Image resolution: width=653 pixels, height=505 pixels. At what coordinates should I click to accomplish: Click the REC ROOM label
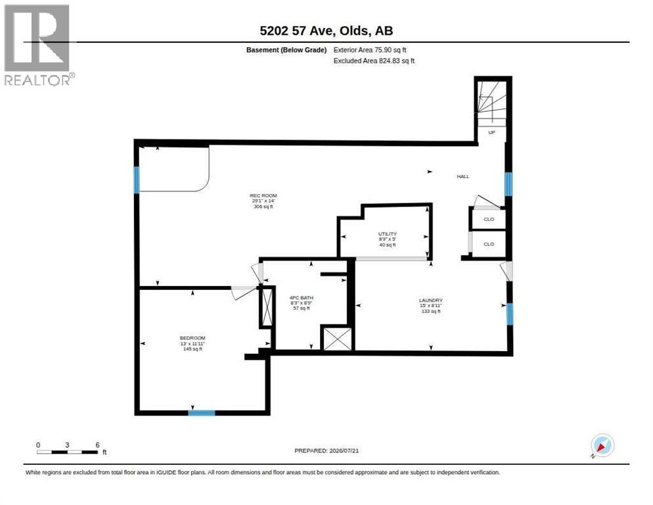click(x=263, y=195)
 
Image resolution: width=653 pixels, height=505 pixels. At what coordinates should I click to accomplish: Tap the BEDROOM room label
click(x=192, y=338)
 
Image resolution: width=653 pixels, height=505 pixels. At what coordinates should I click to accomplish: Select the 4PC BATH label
click(x=301, y=298)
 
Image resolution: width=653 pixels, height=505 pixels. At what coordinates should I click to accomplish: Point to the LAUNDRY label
click(x=430, y=301)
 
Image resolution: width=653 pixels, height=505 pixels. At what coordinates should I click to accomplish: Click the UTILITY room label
click(x=388, y=234)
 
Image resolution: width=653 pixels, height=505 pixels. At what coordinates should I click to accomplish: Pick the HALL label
click(x=462, y=176)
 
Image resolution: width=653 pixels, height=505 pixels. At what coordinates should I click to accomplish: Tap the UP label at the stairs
click(x=492, y=132)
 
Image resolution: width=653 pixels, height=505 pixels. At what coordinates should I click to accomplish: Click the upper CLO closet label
click(x=489, y=219)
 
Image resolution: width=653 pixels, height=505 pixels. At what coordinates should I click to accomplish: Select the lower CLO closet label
click(x=489, y=244)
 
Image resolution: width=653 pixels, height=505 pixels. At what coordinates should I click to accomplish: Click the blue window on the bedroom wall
click(x=202, y=413)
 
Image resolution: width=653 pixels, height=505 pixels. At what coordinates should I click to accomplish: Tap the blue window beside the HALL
click(x=508, y=184)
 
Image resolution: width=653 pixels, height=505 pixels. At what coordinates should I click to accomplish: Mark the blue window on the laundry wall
click(x=510, y=314)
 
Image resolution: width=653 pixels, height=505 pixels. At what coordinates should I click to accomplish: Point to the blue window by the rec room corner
click(x=136, y=180)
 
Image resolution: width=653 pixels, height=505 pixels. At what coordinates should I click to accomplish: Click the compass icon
click(x=602, y=445)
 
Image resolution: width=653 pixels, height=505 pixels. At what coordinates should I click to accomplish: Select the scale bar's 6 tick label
click(x=97, y=445)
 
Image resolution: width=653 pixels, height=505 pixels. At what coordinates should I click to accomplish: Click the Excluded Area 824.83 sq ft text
click(x=374, y=61)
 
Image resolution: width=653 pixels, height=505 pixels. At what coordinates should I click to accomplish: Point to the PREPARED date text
click(x=326, y=450)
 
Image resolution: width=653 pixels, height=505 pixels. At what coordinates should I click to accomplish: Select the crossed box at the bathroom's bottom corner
click(x=337, y=339)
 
